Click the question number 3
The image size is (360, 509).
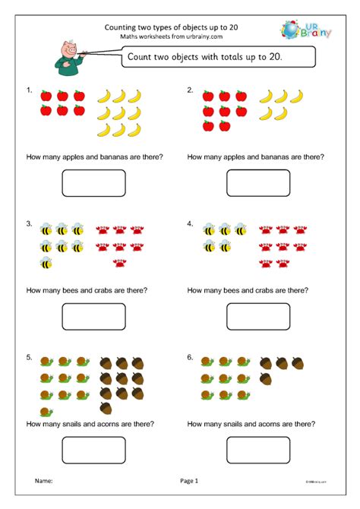[x=29, y=225]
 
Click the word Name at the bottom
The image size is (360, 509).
[x=44, y=480]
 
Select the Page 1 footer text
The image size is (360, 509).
[x=189, y=480]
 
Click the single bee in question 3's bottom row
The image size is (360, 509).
[x=46, y=263]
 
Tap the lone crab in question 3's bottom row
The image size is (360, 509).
[x=119, y=263]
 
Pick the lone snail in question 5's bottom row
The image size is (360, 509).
[x=47, y=410]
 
